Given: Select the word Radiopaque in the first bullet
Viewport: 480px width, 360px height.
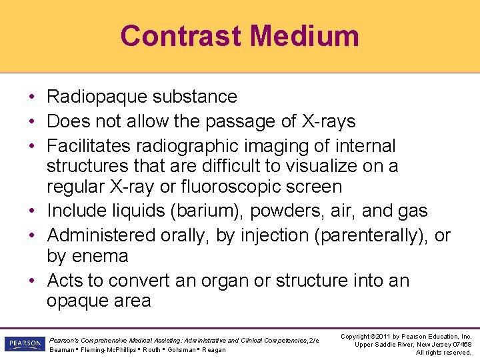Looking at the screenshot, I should pos(97,97).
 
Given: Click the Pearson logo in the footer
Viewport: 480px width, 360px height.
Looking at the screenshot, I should pos(23,344).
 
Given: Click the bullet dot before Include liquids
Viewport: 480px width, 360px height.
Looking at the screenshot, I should pos(32,211).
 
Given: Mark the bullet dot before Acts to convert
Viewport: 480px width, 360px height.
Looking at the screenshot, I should pos(32,281).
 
